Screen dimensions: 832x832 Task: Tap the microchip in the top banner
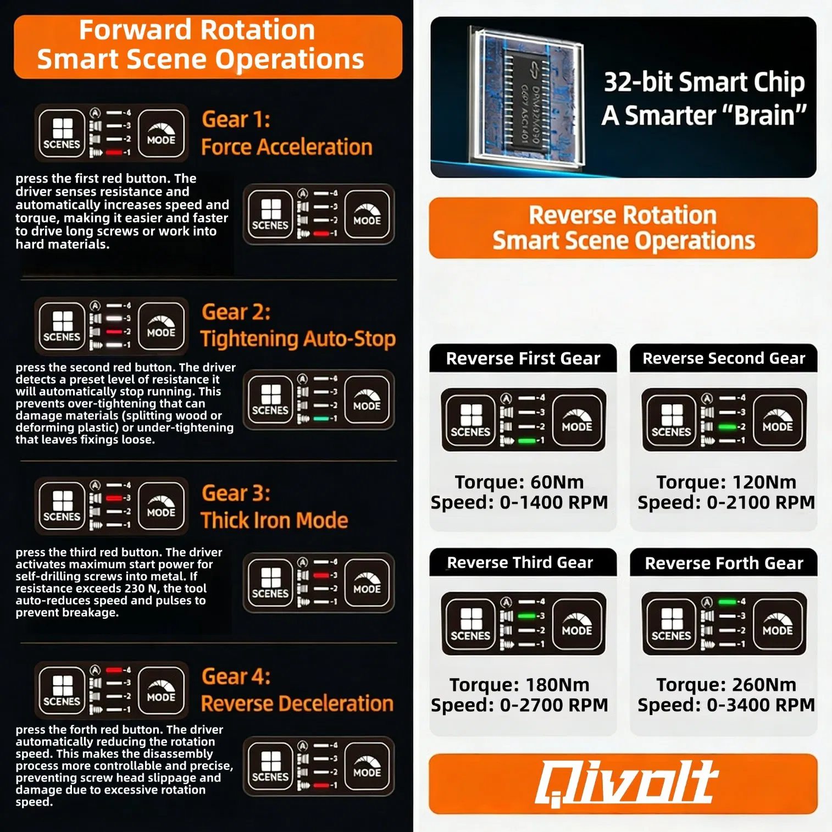click(526, 101)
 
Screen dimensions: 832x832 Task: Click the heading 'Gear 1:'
click(236, 120)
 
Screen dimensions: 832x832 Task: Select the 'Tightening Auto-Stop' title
click(297, 339)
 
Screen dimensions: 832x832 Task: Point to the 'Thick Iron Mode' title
click(274, 520)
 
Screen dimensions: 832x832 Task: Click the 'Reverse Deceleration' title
click(297, 703)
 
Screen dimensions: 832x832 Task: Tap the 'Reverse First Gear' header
click(523, 359)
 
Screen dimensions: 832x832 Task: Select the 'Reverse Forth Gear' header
click(724, 563)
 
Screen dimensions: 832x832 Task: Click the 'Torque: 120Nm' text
click(726, 482)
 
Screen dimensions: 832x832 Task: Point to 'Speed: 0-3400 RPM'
click(726, 705)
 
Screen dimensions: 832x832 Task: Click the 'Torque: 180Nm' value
click(519, 685)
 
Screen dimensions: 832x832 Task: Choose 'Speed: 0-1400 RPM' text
click(519, 502)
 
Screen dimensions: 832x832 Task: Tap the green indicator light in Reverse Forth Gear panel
click(727, 602)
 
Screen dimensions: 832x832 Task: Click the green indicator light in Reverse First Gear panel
click(526, 441)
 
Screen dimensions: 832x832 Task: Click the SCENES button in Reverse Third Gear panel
click(470, 624)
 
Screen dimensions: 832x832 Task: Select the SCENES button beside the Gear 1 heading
click(62, 134)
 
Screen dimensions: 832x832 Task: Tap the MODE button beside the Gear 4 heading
click(161, 690)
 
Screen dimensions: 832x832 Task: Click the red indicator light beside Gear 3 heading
click(114, 498)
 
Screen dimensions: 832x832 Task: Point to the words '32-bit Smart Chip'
click(704, 82)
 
